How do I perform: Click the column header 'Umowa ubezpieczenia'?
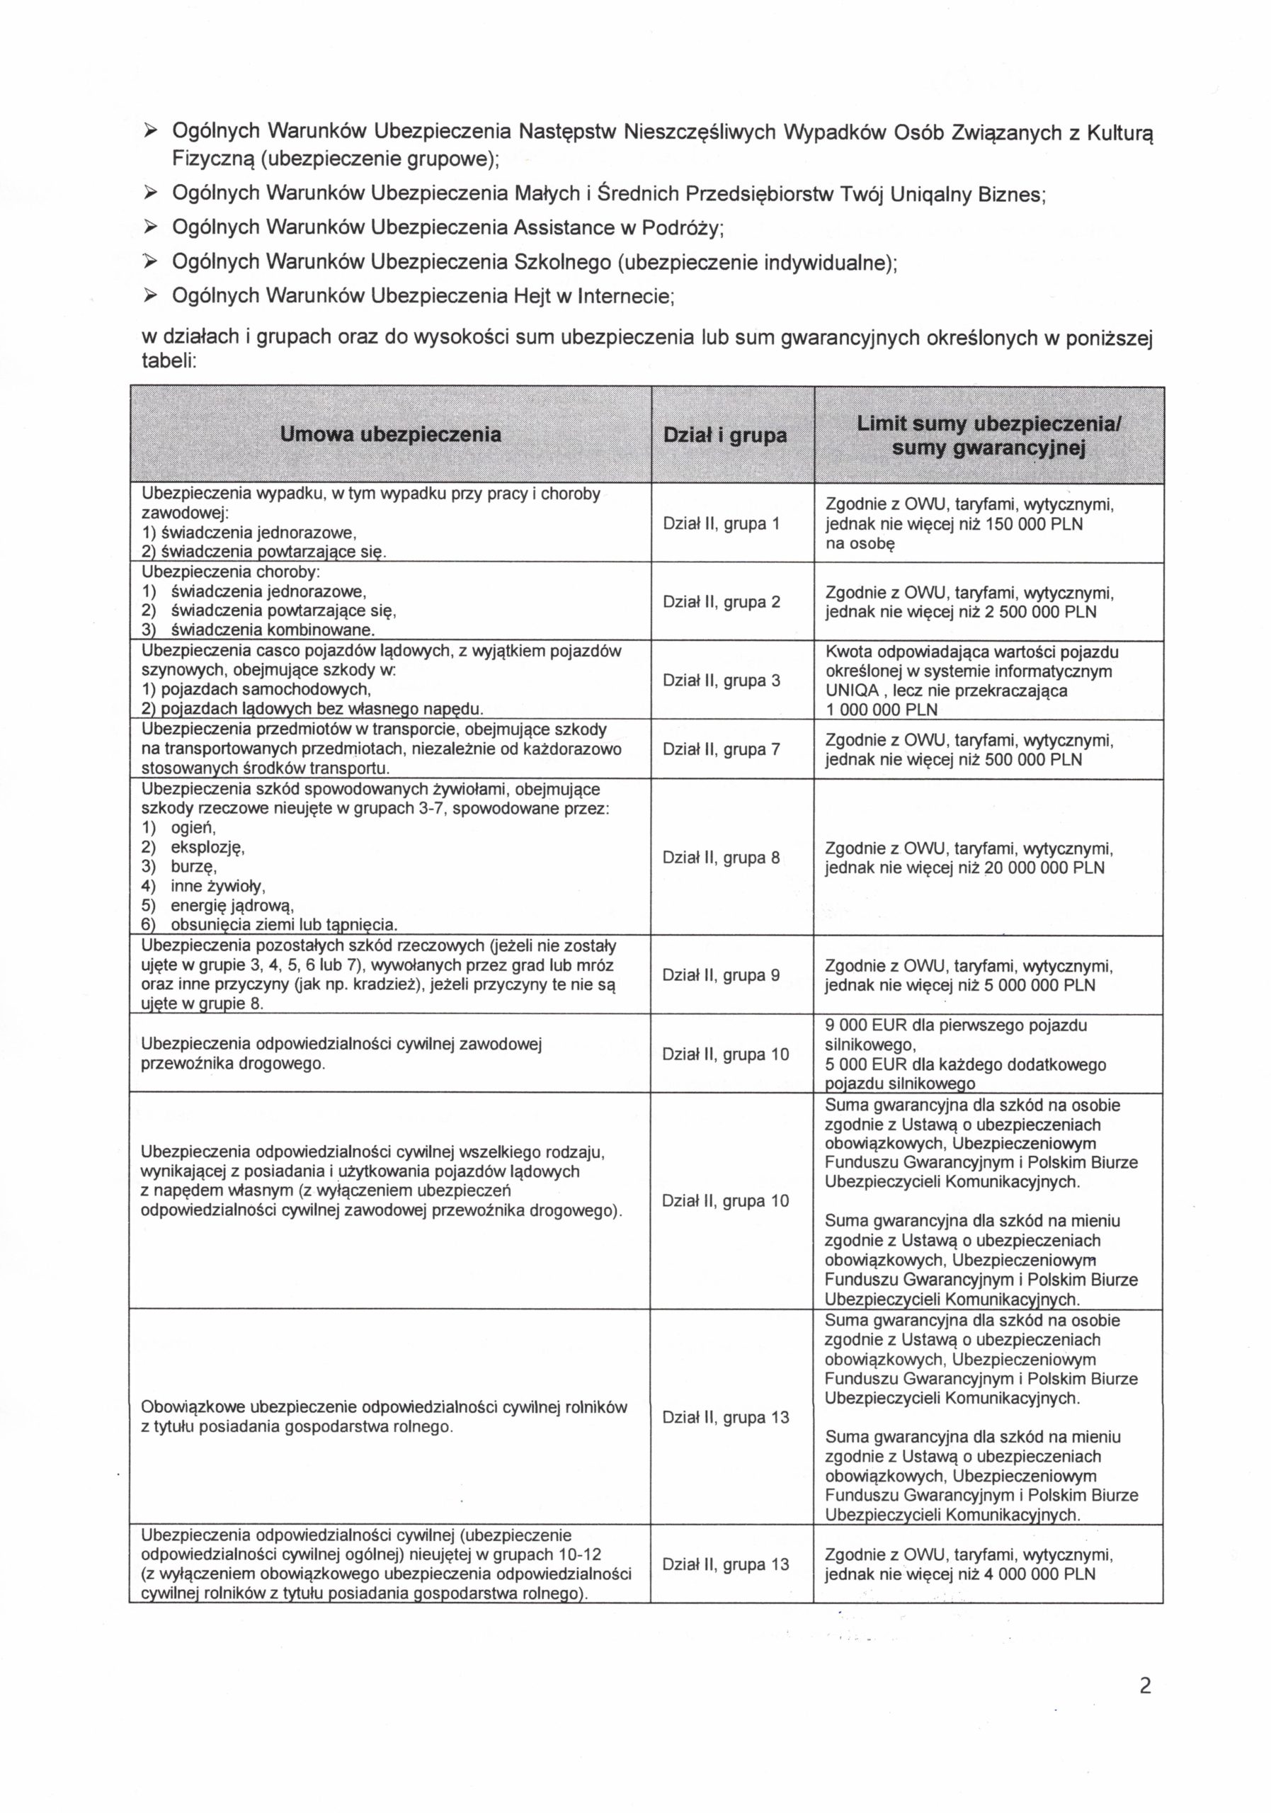click(x=391, y=434)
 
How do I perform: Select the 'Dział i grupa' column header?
click(x=724, y=435)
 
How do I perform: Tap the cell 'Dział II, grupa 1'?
click(x=721, y=523)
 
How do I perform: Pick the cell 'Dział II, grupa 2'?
click(x=721, y=602)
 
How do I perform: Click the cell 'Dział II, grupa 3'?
click(x=721, y=680)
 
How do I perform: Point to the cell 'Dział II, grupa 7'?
click(x=721, y=749)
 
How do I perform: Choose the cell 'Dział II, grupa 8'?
click(x=721, y=857)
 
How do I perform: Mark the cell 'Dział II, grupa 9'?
click(x=721, y=974)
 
